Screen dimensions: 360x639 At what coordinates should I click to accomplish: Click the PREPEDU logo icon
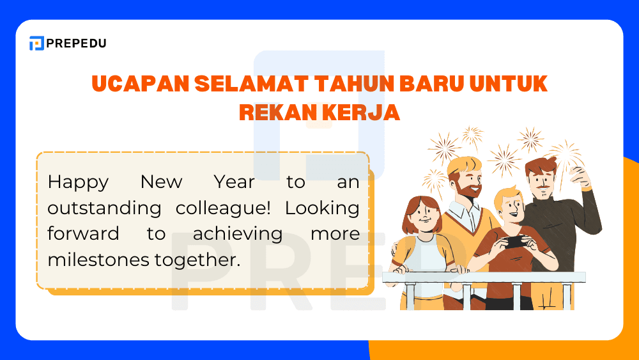click(x=36, y=43)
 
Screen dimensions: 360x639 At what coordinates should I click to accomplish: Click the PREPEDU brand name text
click(x=77, y=43)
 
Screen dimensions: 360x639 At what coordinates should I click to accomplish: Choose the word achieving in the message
click(x=238, y=234)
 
